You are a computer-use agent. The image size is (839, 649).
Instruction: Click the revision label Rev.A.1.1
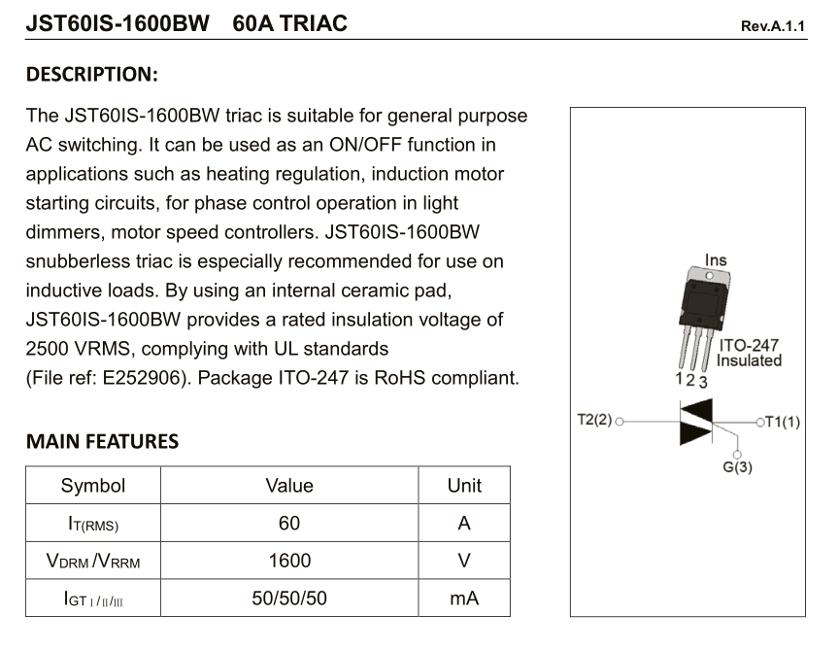(x=772, y=26)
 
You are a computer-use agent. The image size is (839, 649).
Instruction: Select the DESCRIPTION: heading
(x=92, y=74)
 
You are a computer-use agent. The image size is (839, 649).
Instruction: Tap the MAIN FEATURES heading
(x=102, y=441)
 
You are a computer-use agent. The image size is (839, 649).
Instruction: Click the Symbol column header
(x=93, y=485)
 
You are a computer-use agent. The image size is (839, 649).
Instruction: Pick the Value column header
(x=289, y=485)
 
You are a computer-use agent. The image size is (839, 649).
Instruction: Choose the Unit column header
(x=464, y=485)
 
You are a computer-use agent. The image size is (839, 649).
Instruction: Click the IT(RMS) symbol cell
(x=93, y=523)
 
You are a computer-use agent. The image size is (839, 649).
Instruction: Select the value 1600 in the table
(x=289, y=561)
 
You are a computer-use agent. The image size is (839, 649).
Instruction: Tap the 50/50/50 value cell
(x=289, y=598)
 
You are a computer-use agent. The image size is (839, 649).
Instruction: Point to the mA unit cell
(x=464, y=598)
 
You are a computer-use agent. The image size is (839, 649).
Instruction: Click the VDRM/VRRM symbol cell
(x=93, y=561)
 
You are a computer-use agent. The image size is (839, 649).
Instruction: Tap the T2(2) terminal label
(x=594, y=420)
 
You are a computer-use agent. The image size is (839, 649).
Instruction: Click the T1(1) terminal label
(x=783, y=422)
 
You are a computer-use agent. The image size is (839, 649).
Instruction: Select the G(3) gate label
(x=737, y=467)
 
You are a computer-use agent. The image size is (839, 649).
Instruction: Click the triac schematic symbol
(x=696, y=422)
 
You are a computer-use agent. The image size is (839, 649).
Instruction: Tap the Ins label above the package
(x=716, y=260)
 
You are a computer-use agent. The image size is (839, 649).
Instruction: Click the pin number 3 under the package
(x=703, y=382)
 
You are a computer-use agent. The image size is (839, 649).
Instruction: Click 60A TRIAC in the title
(x=290, y=23)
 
